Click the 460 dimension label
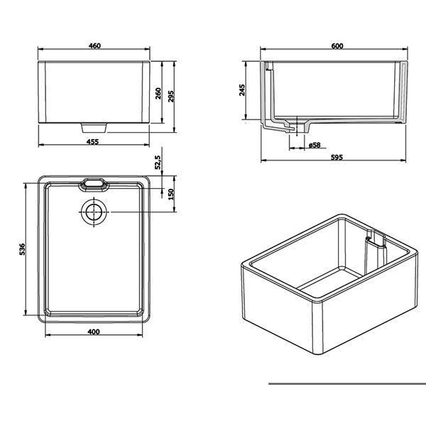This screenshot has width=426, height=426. (94, 46)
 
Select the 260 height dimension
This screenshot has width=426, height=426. (159, 92)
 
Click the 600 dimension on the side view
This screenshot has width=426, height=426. (337, 46)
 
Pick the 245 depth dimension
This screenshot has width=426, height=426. (242, 89)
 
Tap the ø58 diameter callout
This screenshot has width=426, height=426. (315, 145)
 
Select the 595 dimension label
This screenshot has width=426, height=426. (337, 157)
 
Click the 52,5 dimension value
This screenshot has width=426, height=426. (159, 163)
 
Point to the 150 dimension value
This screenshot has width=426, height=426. (171, 194)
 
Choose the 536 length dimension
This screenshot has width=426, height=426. (22, 249)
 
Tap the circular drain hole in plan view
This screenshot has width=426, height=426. (94, 212)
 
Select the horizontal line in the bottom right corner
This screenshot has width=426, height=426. (346, 383)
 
